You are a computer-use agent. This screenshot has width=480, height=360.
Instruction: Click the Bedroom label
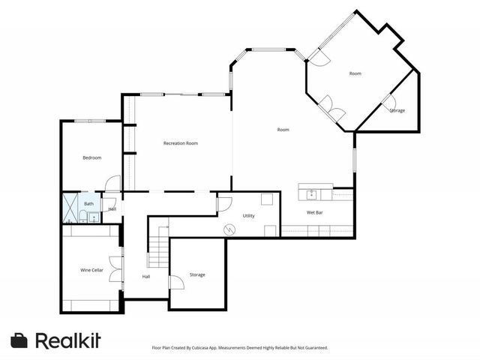pyautogui.click(x=91, y=157)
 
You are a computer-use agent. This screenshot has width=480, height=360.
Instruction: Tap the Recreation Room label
pyautogui.click(x=181, y=143)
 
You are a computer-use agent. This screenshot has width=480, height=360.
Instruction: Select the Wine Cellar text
pyautogui.click(x=91, y=269)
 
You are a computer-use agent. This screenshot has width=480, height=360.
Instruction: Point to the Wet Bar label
pyautogui.click(x=315, y=212)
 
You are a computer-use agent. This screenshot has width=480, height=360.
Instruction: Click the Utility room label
pyautogui.click(x=249, y=215)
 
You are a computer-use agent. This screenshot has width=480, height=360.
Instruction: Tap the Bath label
pyautogui.click(x=88, y=203)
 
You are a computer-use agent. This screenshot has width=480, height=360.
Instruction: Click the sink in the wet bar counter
pyautogui.click(x=311, y=195)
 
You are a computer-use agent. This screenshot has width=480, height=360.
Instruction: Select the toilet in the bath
pyautogui.click(x=81, y=217)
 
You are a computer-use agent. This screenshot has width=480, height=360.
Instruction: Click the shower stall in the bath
pyautogui.click(x=70, y=203)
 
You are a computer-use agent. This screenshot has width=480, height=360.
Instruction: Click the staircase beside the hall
pyautogui.click(x=157, y=250)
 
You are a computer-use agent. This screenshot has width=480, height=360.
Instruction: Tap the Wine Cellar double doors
pyautogui.click(x=115, y=269)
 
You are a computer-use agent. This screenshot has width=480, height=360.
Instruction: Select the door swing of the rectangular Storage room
pyautogui.click(x=176, y=283)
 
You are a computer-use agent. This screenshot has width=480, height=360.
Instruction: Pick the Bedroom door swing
pyautogui.click(x=112, y=182)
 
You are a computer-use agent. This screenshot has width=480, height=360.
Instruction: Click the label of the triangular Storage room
pyautogui.click(x=397, y=110)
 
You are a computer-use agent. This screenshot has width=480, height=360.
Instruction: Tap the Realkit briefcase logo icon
pyautogui.click(x=19, y=340)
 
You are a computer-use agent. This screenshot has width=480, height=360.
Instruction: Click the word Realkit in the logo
pyautogui.click(x=67, y=340)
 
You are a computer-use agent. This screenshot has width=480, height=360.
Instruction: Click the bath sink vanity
pyautogui.click(x=92, y=217)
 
